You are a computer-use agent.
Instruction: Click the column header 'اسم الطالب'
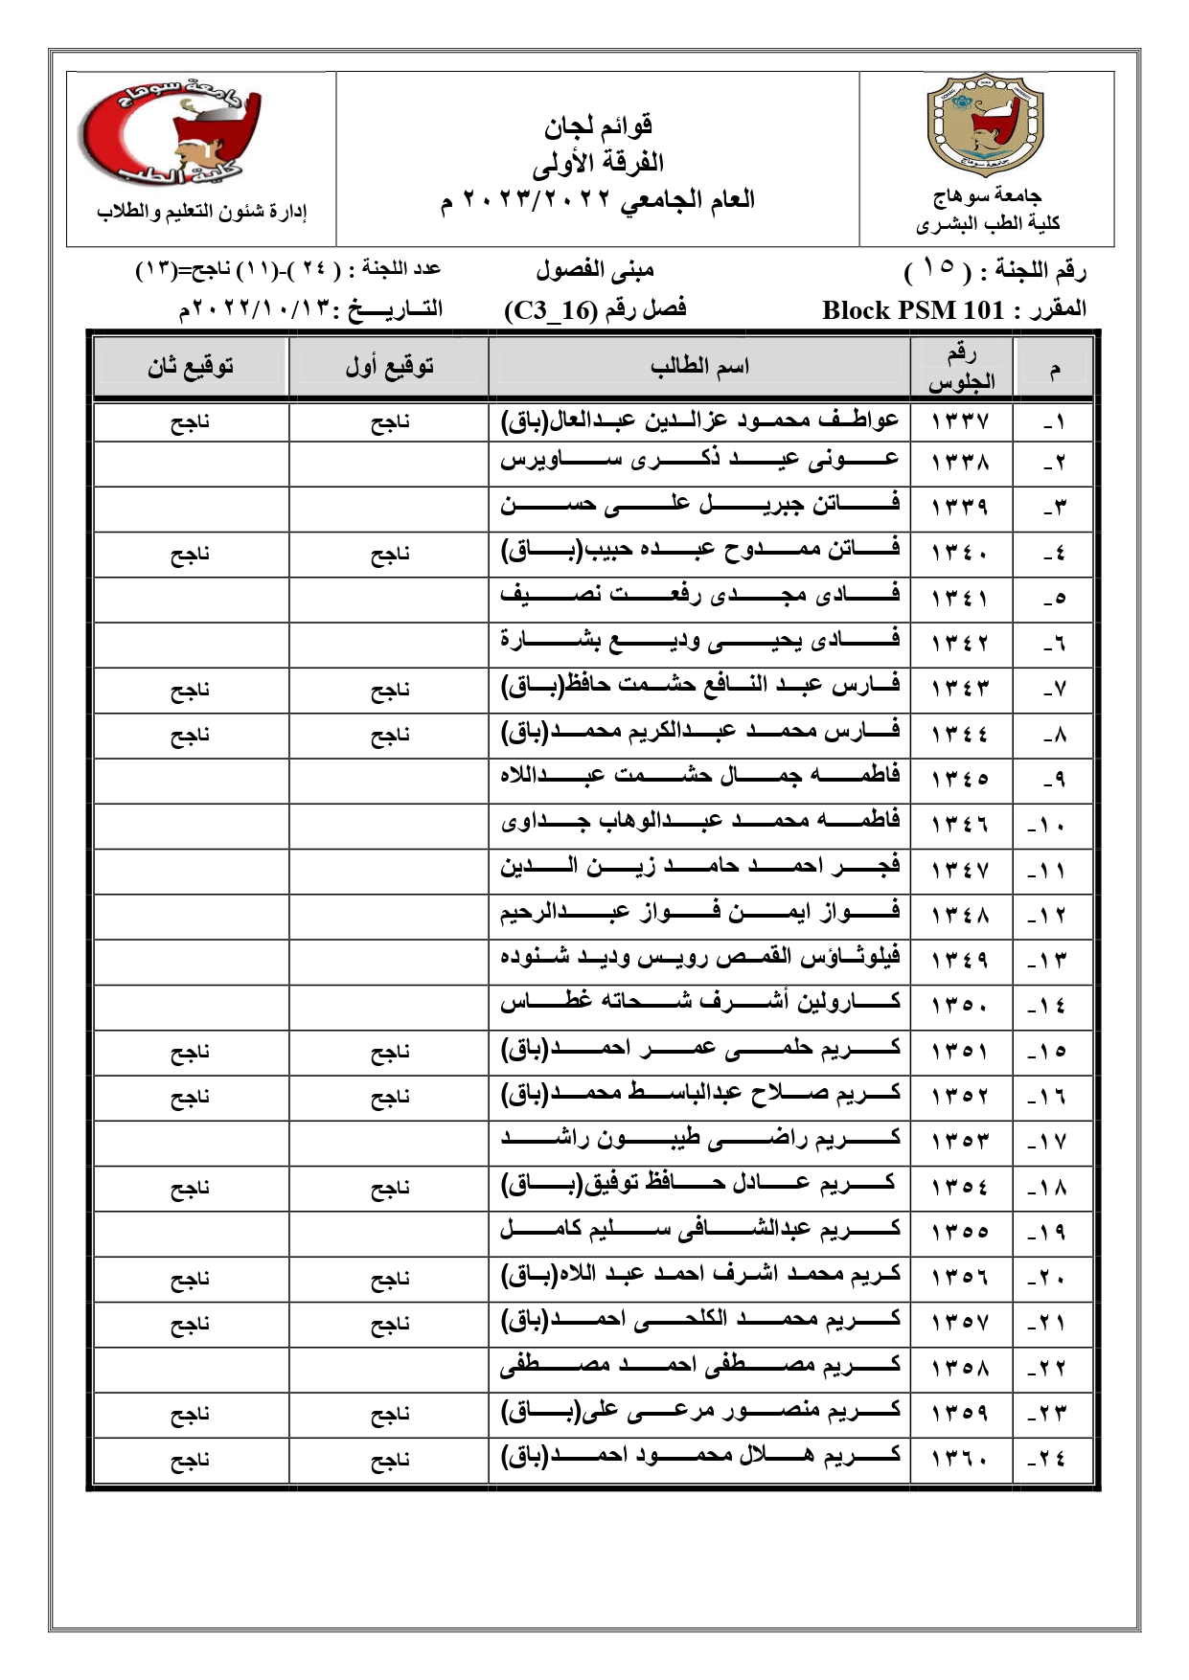tap(699, 367)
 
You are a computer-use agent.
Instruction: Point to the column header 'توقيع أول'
tap(389, 367)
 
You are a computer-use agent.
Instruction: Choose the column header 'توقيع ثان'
tap(191, 367)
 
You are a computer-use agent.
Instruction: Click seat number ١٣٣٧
tap(959, 420)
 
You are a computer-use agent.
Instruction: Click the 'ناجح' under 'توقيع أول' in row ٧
tap(389, 690)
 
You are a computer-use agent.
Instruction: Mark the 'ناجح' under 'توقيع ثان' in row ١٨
tap(191, 1189)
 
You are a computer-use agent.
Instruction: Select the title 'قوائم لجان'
tap(599, 125)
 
